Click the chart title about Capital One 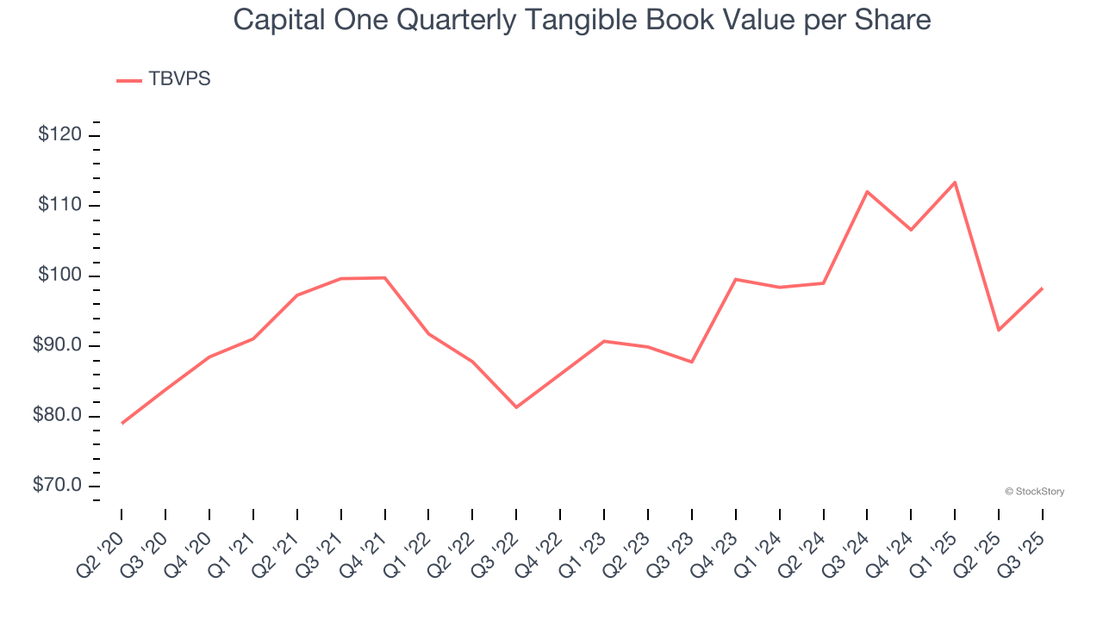pos(582,20)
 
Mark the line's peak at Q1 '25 pos(955,183)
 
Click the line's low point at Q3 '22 pos(516,407)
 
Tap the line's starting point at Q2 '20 pos(122,424)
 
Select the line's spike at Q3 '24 pos(867,191)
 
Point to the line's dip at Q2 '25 pos(999,330)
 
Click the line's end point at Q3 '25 pos(1043,288)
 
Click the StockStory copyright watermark pos(1035,492)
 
